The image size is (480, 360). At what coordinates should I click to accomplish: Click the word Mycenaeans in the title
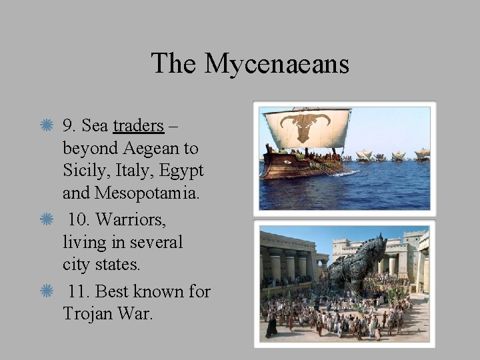277,64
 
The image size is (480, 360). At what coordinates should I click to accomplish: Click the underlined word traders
138,125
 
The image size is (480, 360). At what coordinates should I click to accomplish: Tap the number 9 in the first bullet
67,125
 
